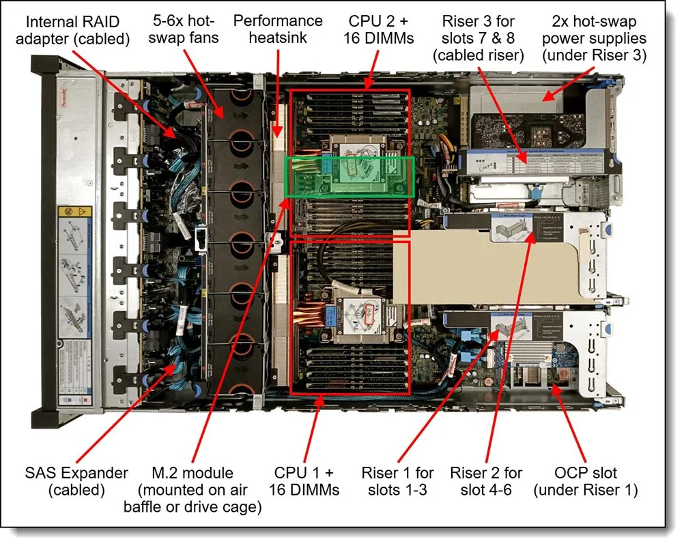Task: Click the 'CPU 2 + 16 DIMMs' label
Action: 380,29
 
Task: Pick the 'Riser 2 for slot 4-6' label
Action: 486,480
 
